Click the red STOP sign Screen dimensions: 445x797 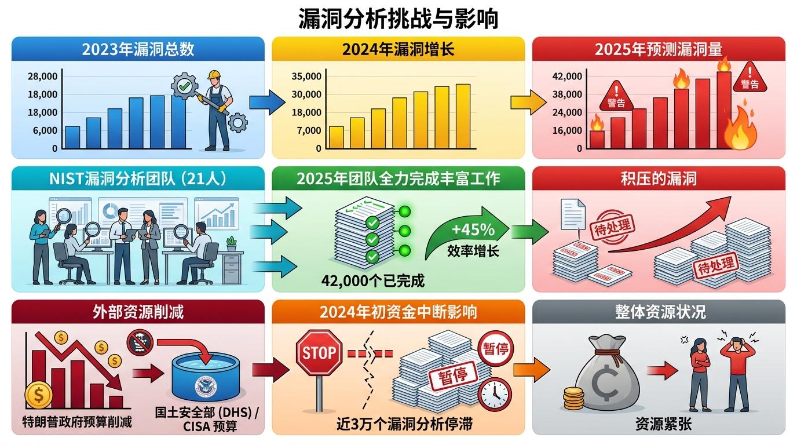(x=319, y=352)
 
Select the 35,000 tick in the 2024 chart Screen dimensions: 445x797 (x=306, y=76)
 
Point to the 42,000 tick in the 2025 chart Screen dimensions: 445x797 (x=568, y=76)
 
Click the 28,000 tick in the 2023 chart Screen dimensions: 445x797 (x=42, y=76)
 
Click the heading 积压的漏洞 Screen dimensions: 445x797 (x=659, y=178)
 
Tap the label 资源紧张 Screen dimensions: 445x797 (x=659, y=424)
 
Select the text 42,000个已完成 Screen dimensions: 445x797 (x=372, y=282)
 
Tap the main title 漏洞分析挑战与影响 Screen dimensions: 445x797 (x=398, y=19)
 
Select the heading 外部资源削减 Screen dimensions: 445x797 (x=138, y=312)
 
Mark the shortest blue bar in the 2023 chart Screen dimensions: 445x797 (x=72, y=137)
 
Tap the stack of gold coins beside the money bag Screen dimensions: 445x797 (x=573, y=400)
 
